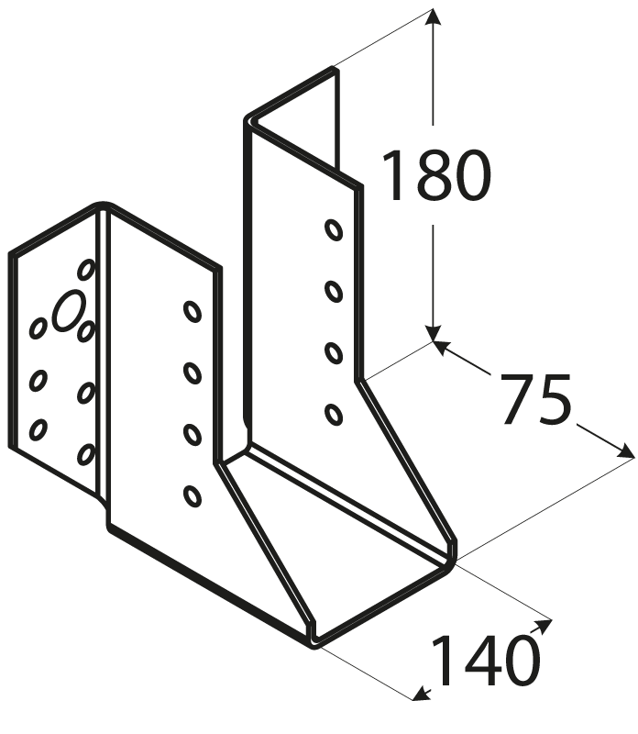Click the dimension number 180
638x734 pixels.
coord(436,175)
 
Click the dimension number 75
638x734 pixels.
coord(536,399)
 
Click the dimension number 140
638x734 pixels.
coord(485,660)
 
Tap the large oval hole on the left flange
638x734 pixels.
coord(69,310)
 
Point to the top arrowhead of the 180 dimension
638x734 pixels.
coord(434,18)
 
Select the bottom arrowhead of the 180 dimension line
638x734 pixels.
coord(434,331)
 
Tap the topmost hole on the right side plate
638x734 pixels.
coord(334,230)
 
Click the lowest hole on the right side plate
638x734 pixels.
coord(334,415)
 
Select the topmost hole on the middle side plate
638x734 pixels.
coord(192,311)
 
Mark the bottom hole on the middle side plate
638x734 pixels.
coord(192,496)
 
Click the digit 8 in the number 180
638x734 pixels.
coord(437,175)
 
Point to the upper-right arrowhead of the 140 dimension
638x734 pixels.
coord(543,626)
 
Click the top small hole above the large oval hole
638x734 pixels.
coord(86,270)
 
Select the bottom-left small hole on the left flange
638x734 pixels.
coord(38,429)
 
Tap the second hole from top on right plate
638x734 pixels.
coord(334,291)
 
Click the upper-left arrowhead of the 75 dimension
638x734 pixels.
coord(442,347)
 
